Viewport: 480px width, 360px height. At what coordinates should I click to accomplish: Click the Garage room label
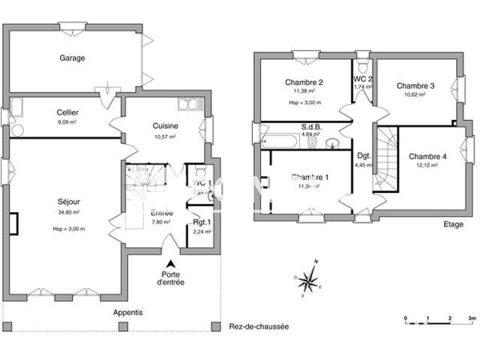pos(72,58)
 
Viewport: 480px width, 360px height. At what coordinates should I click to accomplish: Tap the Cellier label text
pos(67,114)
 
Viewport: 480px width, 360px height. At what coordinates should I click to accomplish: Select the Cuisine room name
pos(166,126)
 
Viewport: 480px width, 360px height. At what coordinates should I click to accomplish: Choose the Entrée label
pos(162,213)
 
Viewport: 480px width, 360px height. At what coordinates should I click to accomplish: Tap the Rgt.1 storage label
pos(202,222)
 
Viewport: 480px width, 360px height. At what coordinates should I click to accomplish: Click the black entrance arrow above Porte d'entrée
pos(170,264)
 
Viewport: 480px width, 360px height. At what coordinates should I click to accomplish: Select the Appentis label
pos(128,312)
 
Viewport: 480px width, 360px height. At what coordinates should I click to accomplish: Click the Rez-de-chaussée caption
pos(258,327)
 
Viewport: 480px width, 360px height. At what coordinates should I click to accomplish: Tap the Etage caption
pos(454,225)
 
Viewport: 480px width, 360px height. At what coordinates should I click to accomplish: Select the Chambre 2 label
pos(304,82)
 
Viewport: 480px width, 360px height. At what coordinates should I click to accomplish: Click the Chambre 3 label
pos(415,86)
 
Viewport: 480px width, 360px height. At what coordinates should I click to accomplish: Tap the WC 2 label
pos(363,80)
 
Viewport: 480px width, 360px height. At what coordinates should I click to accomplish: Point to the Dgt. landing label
pos(363,156)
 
